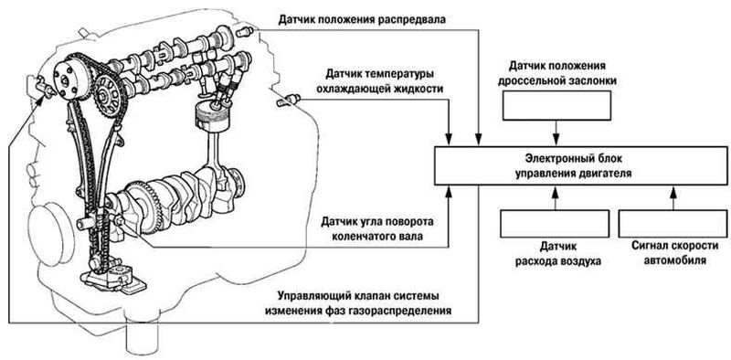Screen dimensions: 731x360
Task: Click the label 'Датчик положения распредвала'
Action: click(362, 19)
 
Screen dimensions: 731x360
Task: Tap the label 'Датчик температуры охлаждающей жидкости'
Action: click(380, 81)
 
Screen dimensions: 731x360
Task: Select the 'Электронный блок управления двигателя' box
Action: click(578, 166)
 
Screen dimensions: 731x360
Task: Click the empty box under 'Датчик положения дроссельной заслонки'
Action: click(556, 105)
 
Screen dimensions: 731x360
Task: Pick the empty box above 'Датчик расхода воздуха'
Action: click(555, 224)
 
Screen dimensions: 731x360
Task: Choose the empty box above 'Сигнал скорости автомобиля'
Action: click(674, 224)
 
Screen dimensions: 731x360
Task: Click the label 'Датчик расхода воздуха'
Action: click(557, 254)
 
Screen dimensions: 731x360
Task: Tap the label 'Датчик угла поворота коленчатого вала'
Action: click(377, 228)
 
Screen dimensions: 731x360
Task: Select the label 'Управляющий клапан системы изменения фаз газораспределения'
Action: click(359, 303)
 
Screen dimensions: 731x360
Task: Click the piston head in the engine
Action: click(208, 115)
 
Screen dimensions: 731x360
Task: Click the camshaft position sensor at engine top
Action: click(245, 32)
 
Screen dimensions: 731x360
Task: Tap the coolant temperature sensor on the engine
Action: click(289, 100)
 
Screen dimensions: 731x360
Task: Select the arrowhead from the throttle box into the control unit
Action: click(556, 139)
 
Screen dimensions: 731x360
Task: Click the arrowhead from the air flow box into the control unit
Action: click(555, 192)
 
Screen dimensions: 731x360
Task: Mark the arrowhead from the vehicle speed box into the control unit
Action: click(673, 192)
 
